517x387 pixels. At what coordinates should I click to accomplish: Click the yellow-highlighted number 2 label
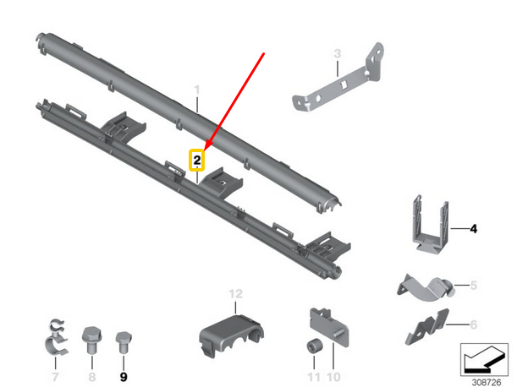[197, 161]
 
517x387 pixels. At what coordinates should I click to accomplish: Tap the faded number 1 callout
[197, 90]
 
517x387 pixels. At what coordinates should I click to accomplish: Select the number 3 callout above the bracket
[338, 54]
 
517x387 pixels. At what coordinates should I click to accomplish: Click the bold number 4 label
[474, 229]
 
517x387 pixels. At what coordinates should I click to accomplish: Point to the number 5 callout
[474, 286]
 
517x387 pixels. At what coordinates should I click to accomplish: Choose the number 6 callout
[474, 324]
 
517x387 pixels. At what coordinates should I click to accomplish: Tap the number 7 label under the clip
[55, 377]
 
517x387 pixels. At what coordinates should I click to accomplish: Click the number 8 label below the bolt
[92, 377]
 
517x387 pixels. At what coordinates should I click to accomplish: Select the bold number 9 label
[124, 377]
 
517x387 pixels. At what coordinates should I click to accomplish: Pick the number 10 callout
[333, 377]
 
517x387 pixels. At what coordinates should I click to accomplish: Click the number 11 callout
[314, 377]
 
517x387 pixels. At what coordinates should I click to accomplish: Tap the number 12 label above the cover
[236, 294]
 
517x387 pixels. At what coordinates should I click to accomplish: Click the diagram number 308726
[487, 383]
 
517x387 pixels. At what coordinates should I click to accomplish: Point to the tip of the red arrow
[205, 150]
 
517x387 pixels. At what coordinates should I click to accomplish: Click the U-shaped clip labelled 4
[430, 225]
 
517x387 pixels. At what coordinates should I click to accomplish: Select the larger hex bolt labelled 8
[91, 339]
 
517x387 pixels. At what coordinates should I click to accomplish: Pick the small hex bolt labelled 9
[124, 342]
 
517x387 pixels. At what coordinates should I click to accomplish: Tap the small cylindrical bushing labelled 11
[315, 346]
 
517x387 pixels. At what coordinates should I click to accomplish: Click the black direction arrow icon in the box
[484, 360]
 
